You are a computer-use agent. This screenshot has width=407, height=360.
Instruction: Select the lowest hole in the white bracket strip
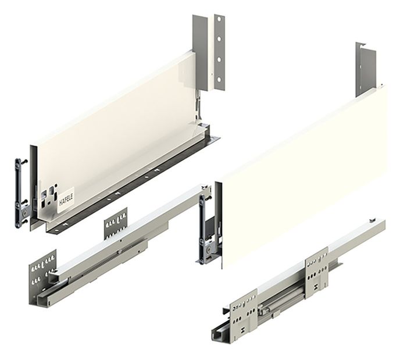(x=219, y=80)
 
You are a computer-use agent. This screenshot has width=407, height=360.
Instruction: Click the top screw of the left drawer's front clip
(x=24, y=162)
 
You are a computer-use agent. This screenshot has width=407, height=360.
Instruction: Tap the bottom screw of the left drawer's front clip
(x=24, y=222)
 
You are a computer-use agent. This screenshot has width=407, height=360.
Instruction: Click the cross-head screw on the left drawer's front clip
(x=24, y=212)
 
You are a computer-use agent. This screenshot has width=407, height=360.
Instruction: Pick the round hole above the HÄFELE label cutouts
(x=56, y=186)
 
